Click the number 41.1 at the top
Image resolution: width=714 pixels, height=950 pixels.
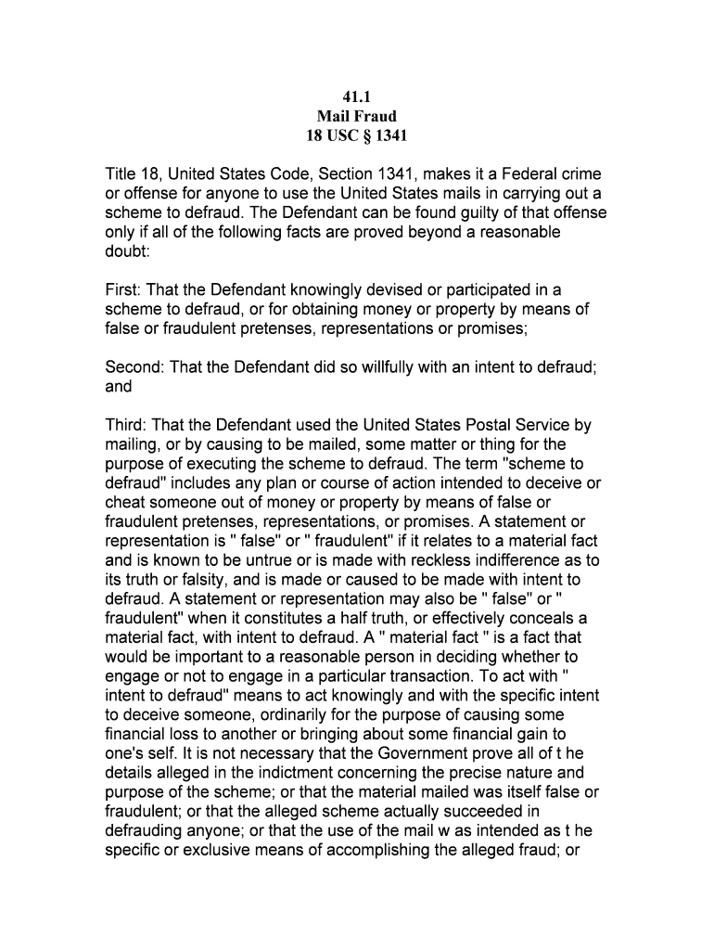click(x=357, y=96)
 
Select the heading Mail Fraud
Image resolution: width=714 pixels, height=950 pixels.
click(x=357, y=116)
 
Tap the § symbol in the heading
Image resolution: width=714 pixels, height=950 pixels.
click(x=367, y=135)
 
